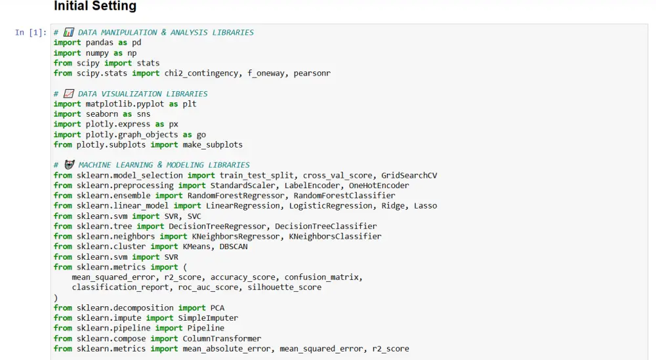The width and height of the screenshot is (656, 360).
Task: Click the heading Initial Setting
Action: click(x=94, y=7)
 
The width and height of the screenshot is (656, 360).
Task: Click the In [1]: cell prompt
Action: click(x=30, y=33)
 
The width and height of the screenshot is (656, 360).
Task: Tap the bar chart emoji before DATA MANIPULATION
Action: click(x=69, y=32)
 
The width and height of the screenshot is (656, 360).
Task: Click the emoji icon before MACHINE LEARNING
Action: click(x=69, y=165)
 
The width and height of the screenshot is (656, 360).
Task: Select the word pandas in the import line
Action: click(x=102, y=43)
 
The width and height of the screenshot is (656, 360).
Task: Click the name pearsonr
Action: click(x=312, y=73)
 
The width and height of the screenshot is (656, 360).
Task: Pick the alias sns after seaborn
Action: click(x=143, y=114)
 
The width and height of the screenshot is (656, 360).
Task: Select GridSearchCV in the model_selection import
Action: click(x=409, y=175)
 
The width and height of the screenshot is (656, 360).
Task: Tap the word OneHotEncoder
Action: click(x=379, y=186)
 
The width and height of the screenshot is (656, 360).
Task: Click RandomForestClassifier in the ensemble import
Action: click(x=344, y=195)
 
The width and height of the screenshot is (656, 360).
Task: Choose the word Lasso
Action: click(x=425, y=206)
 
